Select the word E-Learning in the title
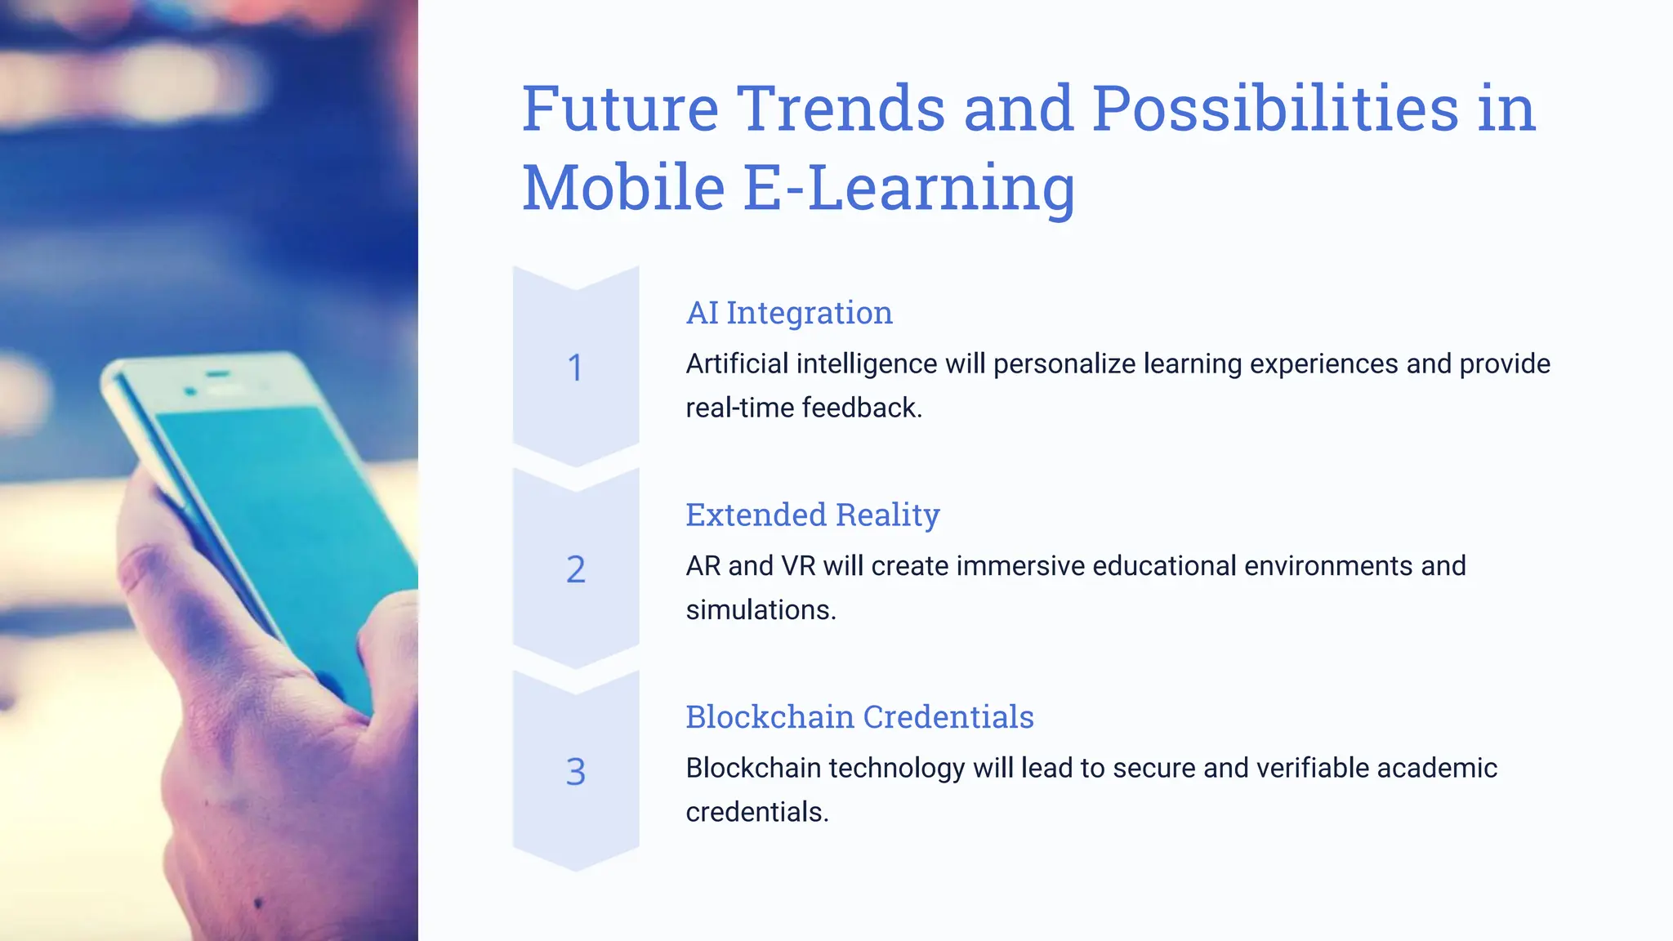909,188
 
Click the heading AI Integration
789,313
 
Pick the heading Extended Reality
812,515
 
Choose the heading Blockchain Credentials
859,717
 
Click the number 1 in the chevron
576,368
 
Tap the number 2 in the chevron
576,569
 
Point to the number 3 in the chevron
576,772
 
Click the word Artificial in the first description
737,364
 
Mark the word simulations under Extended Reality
761,610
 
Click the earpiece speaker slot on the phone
217,374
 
